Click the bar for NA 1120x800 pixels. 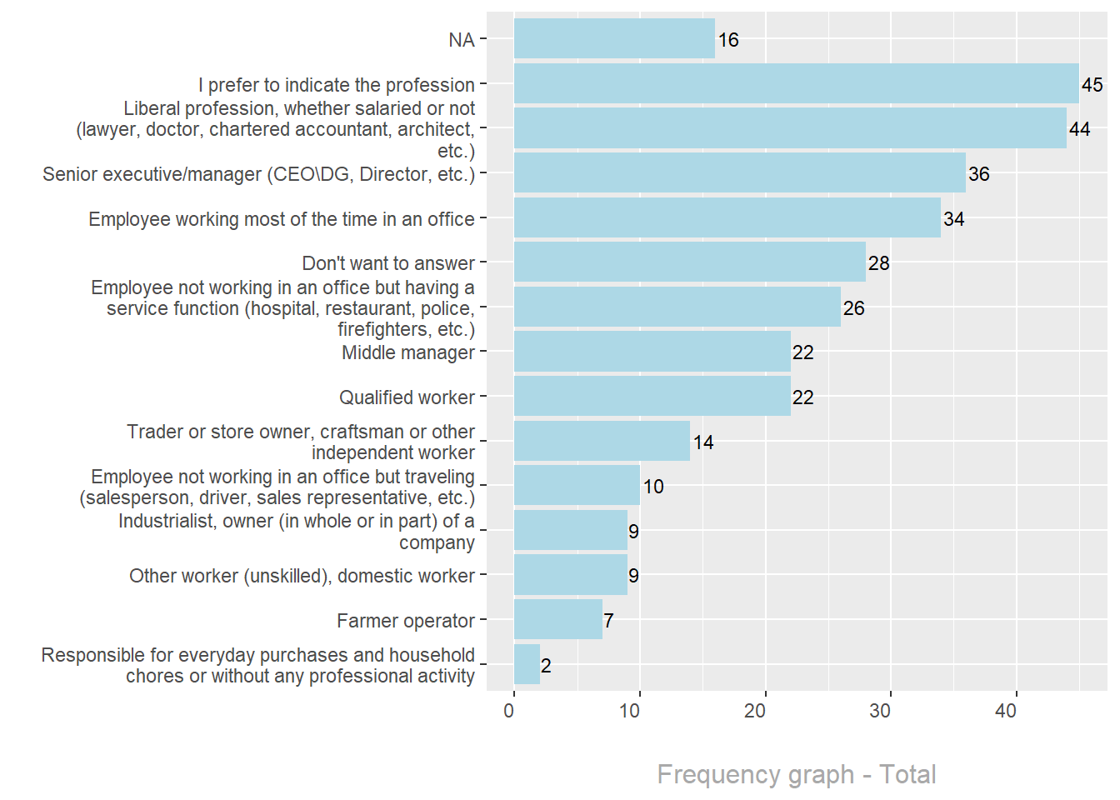[614, 39]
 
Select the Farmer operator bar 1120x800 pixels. [558, 620]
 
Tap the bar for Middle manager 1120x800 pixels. [652, 352]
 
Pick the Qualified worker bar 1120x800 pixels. [652, 397]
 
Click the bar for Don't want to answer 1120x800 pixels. [689, 262]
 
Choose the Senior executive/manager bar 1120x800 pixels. [739, 173]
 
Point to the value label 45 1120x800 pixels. [1092, 85]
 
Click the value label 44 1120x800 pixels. [1079, 129]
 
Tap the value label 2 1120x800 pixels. [546, 666]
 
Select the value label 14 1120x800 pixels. [703, 442]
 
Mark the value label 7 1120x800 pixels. [608, 621]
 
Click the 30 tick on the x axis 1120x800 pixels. [880, 711]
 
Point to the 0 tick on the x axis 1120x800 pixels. [509, 711]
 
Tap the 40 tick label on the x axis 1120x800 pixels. [1006, 711]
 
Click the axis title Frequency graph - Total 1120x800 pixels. [796, 774]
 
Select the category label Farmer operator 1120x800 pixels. [405, 621]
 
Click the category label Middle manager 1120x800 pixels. [407, 352]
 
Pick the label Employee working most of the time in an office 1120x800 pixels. [281, 219]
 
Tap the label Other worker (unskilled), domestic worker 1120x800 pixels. [302, 576]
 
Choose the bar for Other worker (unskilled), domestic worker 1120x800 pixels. [571, 575]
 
